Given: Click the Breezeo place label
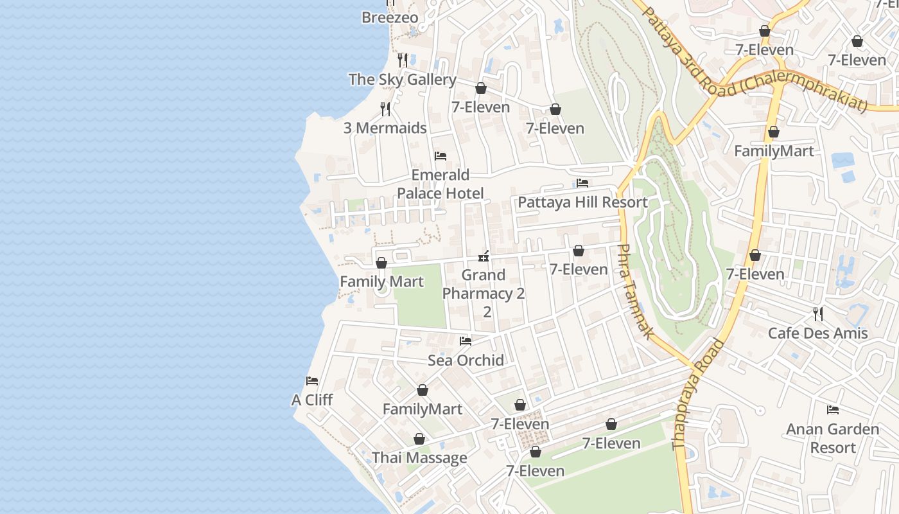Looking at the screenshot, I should point(390,18).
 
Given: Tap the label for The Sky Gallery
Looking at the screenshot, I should point(402,80).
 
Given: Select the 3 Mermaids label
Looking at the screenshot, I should point(385,128).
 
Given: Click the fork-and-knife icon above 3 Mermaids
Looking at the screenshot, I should point(385,109).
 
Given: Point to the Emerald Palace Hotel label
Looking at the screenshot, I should point(441,184).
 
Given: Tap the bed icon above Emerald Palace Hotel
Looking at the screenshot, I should point(441,156).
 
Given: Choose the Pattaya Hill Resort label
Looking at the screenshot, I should point(582,202).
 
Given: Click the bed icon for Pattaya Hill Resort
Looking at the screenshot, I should point(582,183).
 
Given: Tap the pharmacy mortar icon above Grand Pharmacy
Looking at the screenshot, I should point(484,256).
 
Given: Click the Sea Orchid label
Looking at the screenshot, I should point(466,360).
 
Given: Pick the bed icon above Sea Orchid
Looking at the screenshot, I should point(466,341).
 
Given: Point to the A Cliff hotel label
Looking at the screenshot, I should point(312,400).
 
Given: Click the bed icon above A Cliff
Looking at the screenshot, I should point(312,380).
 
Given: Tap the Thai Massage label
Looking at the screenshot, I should point(419,458).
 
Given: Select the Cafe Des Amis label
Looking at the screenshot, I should point(817,333).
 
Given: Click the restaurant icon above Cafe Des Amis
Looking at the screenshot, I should point(818,314).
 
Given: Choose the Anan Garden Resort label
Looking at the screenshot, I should point(832,438).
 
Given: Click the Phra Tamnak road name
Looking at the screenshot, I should point(635,291).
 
